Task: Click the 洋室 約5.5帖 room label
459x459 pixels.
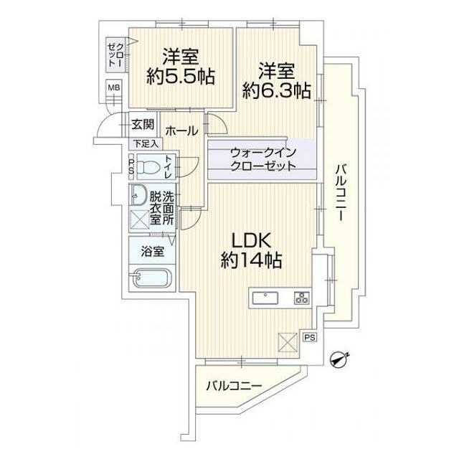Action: pyautogui.click(x=180, y=67)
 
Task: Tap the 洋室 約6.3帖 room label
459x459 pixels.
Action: pyautogui.click(x=276, y=80)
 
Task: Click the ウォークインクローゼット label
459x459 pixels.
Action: pyautogui.click(x=262, y=159)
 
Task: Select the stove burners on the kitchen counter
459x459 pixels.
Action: pyautogui.click(x=300, y=298)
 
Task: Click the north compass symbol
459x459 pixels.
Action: pyautogui.click(x=339, y=359)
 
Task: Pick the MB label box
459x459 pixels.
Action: pyautogui.click(x=113, y=88)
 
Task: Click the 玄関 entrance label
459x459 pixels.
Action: pyautogui.click(x=142, y=124)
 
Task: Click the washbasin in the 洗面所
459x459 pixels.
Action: pyautogui.click(x=138, y=195)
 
